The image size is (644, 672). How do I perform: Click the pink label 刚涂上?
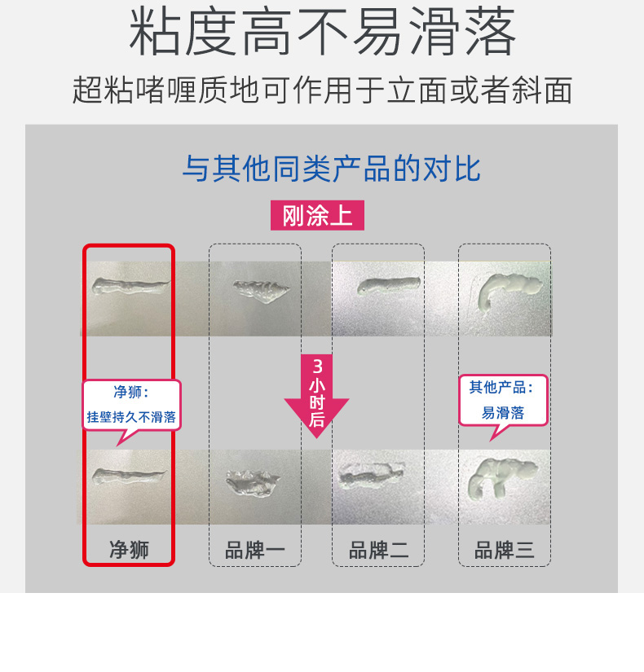[x=317, y=215]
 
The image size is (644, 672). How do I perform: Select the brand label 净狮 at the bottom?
[x=129, y=550]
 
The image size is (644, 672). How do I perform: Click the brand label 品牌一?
[x=255, y=550]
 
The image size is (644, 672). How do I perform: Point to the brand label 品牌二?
[x=378, y=550]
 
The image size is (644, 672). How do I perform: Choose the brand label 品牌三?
[x=504, y=550]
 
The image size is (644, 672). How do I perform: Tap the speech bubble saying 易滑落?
[x=503, y=401]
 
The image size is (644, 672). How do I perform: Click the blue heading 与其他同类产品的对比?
[x=331, y=169]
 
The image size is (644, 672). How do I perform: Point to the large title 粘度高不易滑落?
[x=322, y=32]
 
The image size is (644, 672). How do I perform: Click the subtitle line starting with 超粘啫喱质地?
[x=322, y=90]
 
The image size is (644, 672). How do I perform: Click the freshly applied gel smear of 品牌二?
[x=389, y=285]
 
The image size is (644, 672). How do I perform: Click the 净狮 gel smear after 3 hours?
[x=129, y=477]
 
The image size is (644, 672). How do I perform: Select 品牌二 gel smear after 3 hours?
[x=371, y=476]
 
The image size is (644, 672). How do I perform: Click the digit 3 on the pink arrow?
[x=317, y=367]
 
